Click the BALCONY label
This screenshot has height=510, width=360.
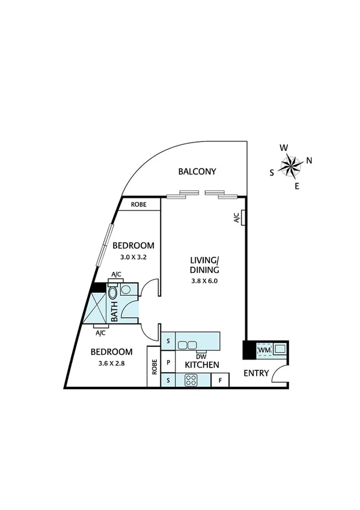click(x=197, y=171)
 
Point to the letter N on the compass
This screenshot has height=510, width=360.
click(x=309, y=160)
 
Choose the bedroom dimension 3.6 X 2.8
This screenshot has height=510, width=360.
click(x=112, y=363)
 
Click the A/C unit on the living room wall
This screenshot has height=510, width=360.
click(x=237, y=218)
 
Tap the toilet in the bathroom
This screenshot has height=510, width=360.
click(x=113, y=293)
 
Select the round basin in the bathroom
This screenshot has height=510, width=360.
click(x=126, y=289)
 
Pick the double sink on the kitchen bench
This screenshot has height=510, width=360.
click(x=188, y=345)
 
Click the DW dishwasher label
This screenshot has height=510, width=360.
click(x=201, y=355)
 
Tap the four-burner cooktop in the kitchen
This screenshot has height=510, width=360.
click(x=192, y=379)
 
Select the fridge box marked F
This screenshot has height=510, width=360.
click(x=221, y=380)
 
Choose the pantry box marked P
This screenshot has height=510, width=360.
click(x=168, y=363)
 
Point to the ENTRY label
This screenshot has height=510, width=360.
click(x=256, y=373)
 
